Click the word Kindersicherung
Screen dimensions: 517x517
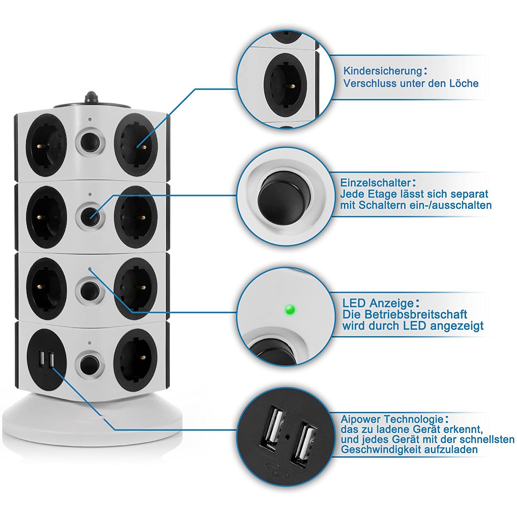(x=383, y=71)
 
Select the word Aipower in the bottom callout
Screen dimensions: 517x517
(x=361, y=419)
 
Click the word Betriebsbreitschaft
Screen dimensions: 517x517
(x=415, y=314)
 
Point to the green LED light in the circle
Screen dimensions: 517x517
(x=290, y=310)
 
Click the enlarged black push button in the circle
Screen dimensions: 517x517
(x=284, y=199)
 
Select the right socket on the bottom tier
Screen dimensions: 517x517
(x=136, y=360)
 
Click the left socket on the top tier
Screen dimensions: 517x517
(x=46, y=145)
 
